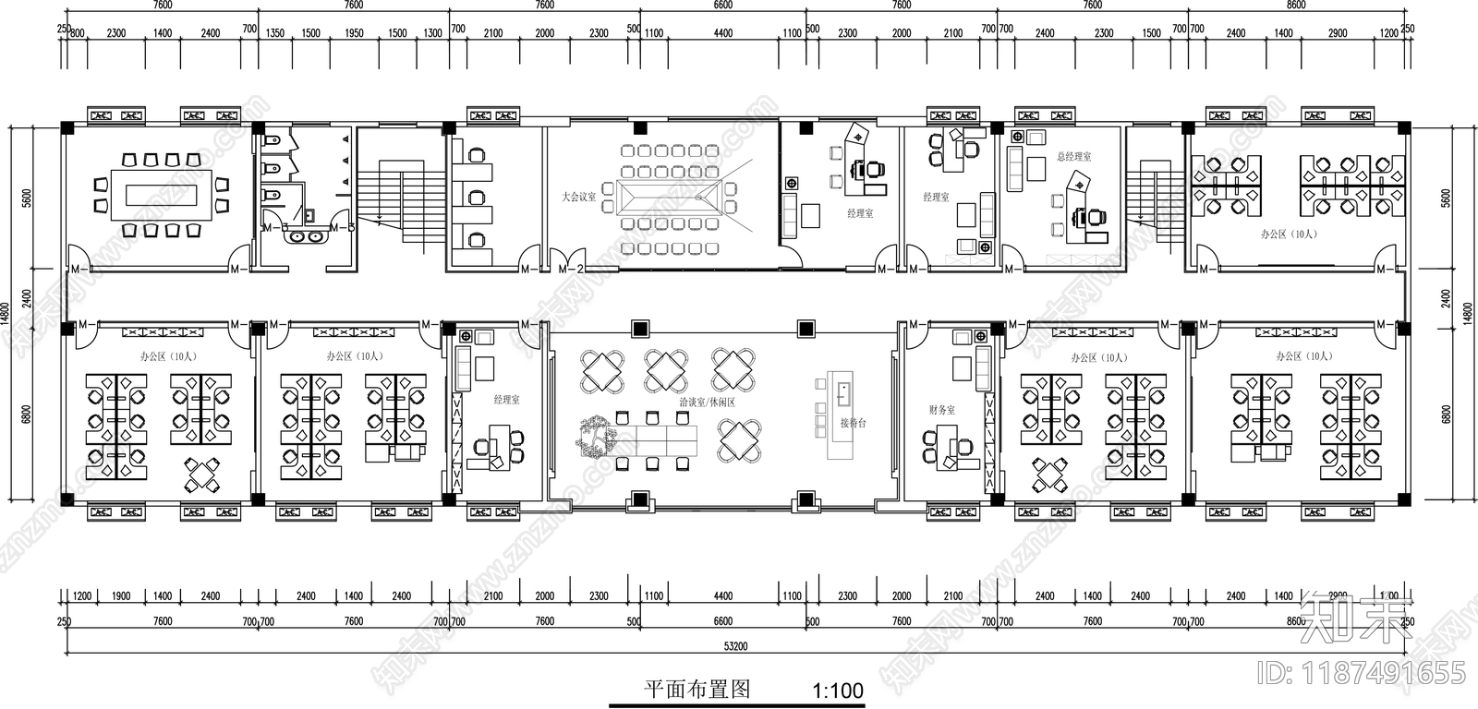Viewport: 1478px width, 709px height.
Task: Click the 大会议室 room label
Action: tap(579, 197)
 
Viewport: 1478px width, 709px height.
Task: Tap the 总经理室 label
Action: tap(1074, 157)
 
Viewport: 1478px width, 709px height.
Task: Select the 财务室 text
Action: tap(942, 409)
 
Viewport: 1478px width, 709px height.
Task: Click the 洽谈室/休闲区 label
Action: tap(707, 403)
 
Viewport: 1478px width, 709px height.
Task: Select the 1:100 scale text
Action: tap(837, 691)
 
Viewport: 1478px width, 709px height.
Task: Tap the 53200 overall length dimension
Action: tap(736, 646)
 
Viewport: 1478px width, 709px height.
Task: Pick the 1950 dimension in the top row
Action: tap(354, 33)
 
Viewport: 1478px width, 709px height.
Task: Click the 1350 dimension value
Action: tap(275, 33)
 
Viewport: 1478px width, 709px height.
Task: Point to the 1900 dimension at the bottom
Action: tap(121, 596)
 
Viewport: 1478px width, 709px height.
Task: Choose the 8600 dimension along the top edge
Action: tap(1296, 6)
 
